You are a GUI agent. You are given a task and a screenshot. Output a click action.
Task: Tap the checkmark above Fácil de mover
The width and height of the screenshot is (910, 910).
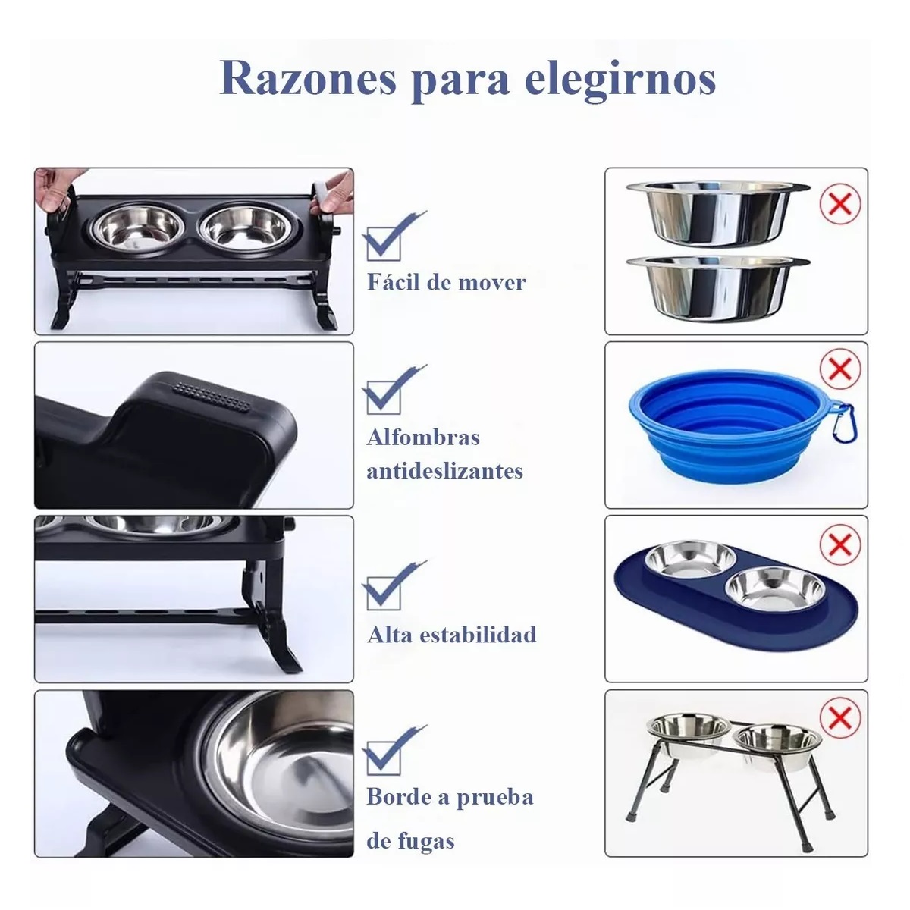tap(390, 237)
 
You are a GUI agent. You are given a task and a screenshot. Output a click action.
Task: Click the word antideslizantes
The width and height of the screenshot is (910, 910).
tap(445, 471)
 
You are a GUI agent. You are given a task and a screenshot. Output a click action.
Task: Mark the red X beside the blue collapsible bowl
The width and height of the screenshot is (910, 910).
tap(839, 369)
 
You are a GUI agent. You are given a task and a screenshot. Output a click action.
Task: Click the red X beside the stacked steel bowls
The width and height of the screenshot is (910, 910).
tap(839, 204)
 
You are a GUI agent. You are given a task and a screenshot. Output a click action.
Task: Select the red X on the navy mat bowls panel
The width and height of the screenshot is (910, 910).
tap(839, 544)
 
